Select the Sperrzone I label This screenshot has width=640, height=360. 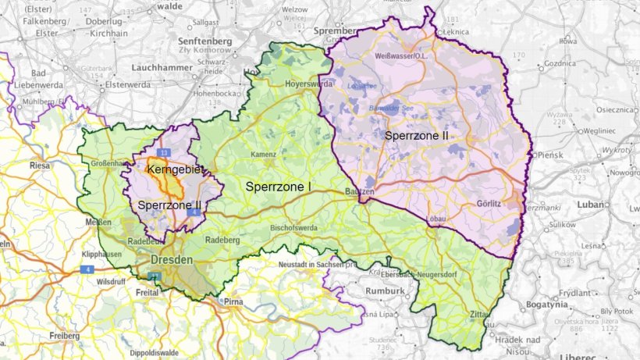[x=279, y=187]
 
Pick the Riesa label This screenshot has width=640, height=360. [x=39, y=166]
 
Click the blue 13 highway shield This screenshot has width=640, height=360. [x=163, y=151]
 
